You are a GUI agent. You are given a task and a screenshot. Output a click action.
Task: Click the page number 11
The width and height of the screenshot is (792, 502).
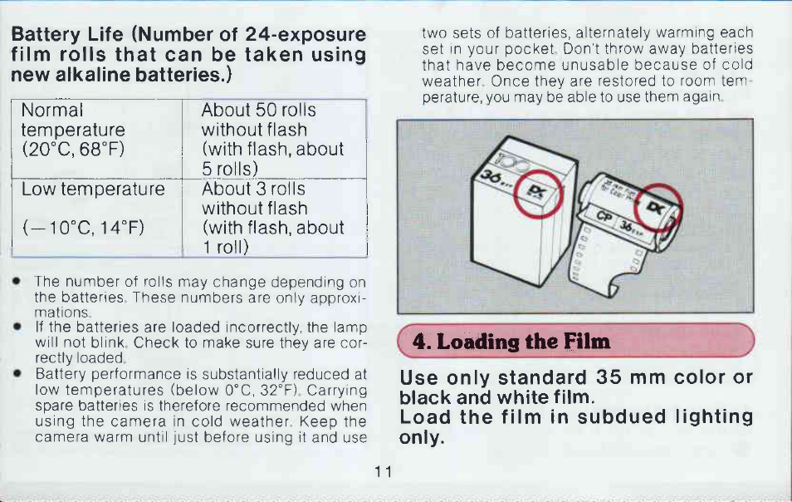coord(383,472)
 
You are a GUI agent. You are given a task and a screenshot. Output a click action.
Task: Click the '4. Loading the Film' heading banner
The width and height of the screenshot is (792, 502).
coord(576,341)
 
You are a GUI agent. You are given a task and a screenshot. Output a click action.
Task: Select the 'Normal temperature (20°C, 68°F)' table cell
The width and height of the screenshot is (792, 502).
coord(96,139)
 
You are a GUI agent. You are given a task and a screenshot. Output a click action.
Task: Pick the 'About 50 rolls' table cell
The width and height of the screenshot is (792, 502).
coord(274,139)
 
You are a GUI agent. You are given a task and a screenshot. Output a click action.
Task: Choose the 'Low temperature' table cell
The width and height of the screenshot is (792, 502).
coord(96,218)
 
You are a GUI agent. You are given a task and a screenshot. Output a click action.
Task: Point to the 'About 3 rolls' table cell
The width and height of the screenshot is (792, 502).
coord(274,218)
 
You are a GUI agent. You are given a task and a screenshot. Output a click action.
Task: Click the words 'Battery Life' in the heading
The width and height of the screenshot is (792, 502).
coord(67,34)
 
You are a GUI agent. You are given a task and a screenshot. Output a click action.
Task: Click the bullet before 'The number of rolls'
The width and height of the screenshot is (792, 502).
coord(17,281)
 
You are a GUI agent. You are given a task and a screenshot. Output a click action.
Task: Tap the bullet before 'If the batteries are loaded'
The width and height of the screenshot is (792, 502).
coord(17,327)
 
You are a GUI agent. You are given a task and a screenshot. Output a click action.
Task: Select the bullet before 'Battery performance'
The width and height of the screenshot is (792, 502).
coord(17,373)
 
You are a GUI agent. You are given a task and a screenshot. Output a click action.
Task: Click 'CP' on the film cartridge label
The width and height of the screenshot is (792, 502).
coord(604,216)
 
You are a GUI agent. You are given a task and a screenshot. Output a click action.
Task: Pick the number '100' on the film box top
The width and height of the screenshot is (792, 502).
coord(513,163)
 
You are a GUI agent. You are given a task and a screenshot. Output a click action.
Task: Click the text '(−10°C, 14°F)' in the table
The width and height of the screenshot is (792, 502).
coord(83,228)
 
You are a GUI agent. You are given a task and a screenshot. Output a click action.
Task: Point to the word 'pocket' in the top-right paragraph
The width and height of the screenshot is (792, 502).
coord(530,49)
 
